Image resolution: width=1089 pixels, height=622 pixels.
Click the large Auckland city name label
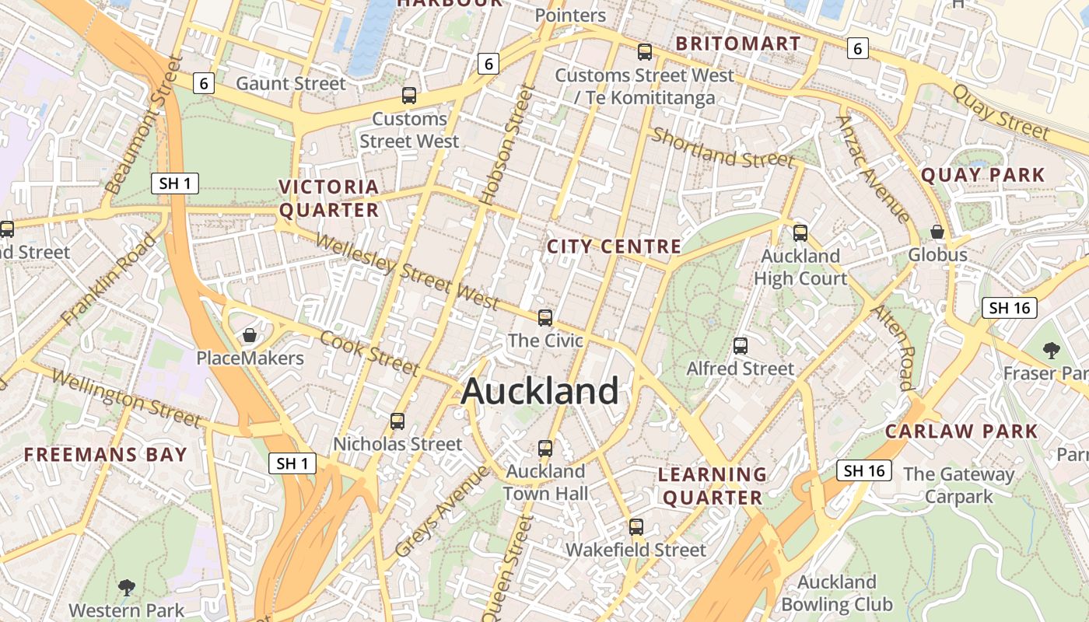click(540, 391)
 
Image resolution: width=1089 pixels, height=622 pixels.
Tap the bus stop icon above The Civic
click(545, 317)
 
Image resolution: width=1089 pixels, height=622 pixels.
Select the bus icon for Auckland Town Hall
click(545, 448)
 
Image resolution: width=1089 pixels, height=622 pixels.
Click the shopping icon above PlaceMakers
click(250, 335)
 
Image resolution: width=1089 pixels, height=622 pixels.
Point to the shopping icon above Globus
click(937, 232)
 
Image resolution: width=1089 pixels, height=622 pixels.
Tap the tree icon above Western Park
click(126, 587)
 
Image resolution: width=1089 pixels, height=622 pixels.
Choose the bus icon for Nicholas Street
click(397, 421)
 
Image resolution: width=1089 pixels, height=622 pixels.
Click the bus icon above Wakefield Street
click(636, 526)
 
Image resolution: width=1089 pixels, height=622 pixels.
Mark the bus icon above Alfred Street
click(741, 345)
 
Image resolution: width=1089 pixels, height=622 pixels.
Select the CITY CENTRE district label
click(614, 247)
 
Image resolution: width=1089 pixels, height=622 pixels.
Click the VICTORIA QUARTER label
click(329, 198)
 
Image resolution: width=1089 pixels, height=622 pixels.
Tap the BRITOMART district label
click(737, 44)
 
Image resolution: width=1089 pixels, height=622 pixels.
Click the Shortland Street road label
click(723, 148)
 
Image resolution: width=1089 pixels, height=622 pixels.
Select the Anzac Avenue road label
click(873, 169)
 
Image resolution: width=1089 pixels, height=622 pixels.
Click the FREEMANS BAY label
click(106, 455)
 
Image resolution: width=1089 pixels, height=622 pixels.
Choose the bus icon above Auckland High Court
click(800, 232)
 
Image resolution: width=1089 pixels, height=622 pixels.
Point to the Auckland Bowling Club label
click(837, 593)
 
